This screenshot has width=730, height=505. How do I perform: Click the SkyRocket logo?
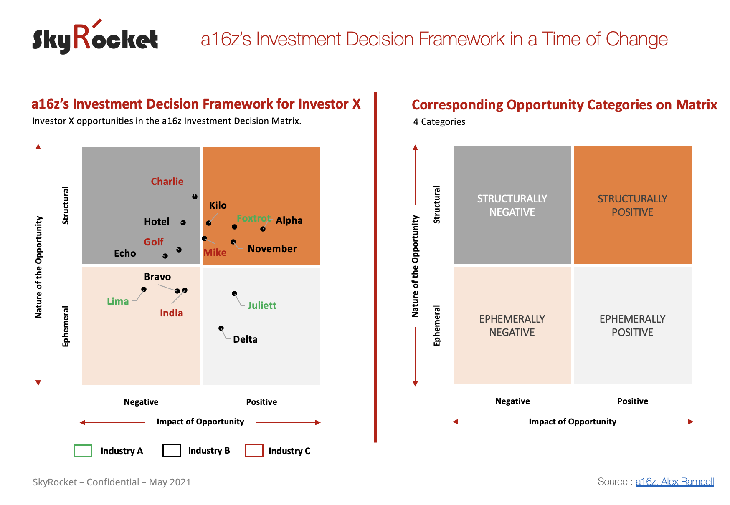click(95, 37)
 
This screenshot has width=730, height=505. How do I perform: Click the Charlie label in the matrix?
click(167, 182)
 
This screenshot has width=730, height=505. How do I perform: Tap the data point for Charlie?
click(195, 197)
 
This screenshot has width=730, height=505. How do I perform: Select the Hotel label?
click(157, 222)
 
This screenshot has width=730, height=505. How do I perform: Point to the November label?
click(272, 249)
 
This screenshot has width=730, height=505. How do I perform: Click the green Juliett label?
click(262, 306)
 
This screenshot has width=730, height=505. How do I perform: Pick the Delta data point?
click(221, 328)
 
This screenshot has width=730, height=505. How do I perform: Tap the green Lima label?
click(118, 301)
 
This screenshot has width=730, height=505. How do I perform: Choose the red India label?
click(171, 313)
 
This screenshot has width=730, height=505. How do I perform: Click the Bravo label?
click(157, 277)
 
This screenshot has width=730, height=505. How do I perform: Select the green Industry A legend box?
click(83, 451)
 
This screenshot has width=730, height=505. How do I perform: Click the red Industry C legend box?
click(254, 451)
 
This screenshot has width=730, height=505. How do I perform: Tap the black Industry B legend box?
click(172, 451)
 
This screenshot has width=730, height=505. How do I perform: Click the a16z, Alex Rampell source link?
click(675, 482)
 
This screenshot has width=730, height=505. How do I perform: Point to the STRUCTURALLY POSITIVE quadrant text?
click(632, 205)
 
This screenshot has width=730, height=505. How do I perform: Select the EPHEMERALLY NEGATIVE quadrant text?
click(512, 326)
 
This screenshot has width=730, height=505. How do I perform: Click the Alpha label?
click(289, 220)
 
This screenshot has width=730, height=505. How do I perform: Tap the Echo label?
click(125, 253)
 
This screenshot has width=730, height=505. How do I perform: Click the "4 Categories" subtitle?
click(439, 122)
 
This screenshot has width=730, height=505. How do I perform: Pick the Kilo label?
click(218, 205)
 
